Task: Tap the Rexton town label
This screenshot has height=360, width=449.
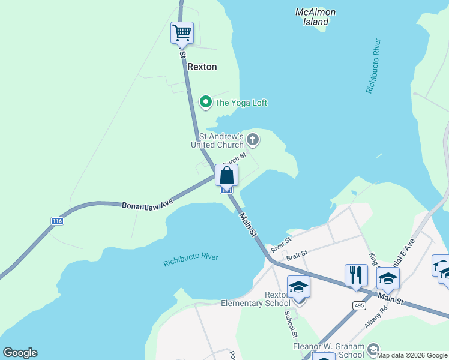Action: [x=202, y=67]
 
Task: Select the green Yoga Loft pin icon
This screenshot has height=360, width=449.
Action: [x=206, y=103]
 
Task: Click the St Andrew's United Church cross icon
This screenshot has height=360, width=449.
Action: [x=253, y=140]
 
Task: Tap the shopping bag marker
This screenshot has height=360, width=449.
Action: [x=226, y=176]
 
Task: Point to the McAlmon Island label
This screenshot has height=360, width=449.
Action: [x=316, y=17]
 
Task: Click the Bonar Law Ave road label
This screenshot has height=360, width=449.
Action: [x=148, y=206]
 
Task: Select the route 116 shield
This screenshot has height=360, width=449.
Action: [x=57, y=221]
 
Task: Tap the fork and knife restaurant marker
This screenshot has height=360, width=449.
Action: [x=356, y=275]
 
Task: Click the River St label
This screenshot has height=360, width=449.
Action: [x=280, y=244]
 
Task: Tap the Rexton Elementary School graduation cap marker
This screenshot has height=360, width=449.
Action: [x=298, y=287]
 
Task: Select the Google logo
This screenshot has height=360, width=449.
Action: [x=20, y=353]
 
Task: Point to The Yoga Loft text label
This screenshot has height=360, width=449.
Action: [x=241, y=103]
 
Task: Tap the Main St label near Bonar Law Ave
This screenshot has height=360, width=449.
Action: [x=248, y=224]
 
